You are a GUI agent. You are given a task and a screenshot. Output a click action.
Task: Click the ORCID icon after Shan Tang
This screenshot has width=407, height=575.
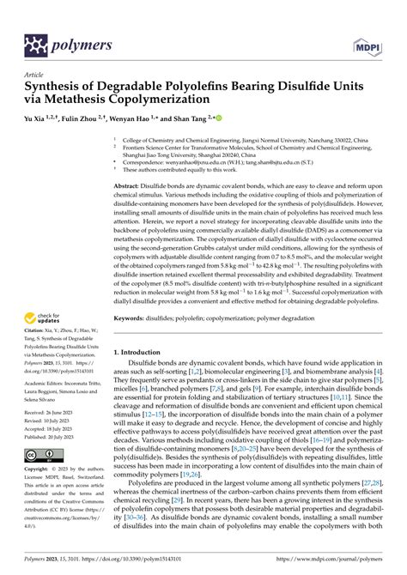219,117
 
